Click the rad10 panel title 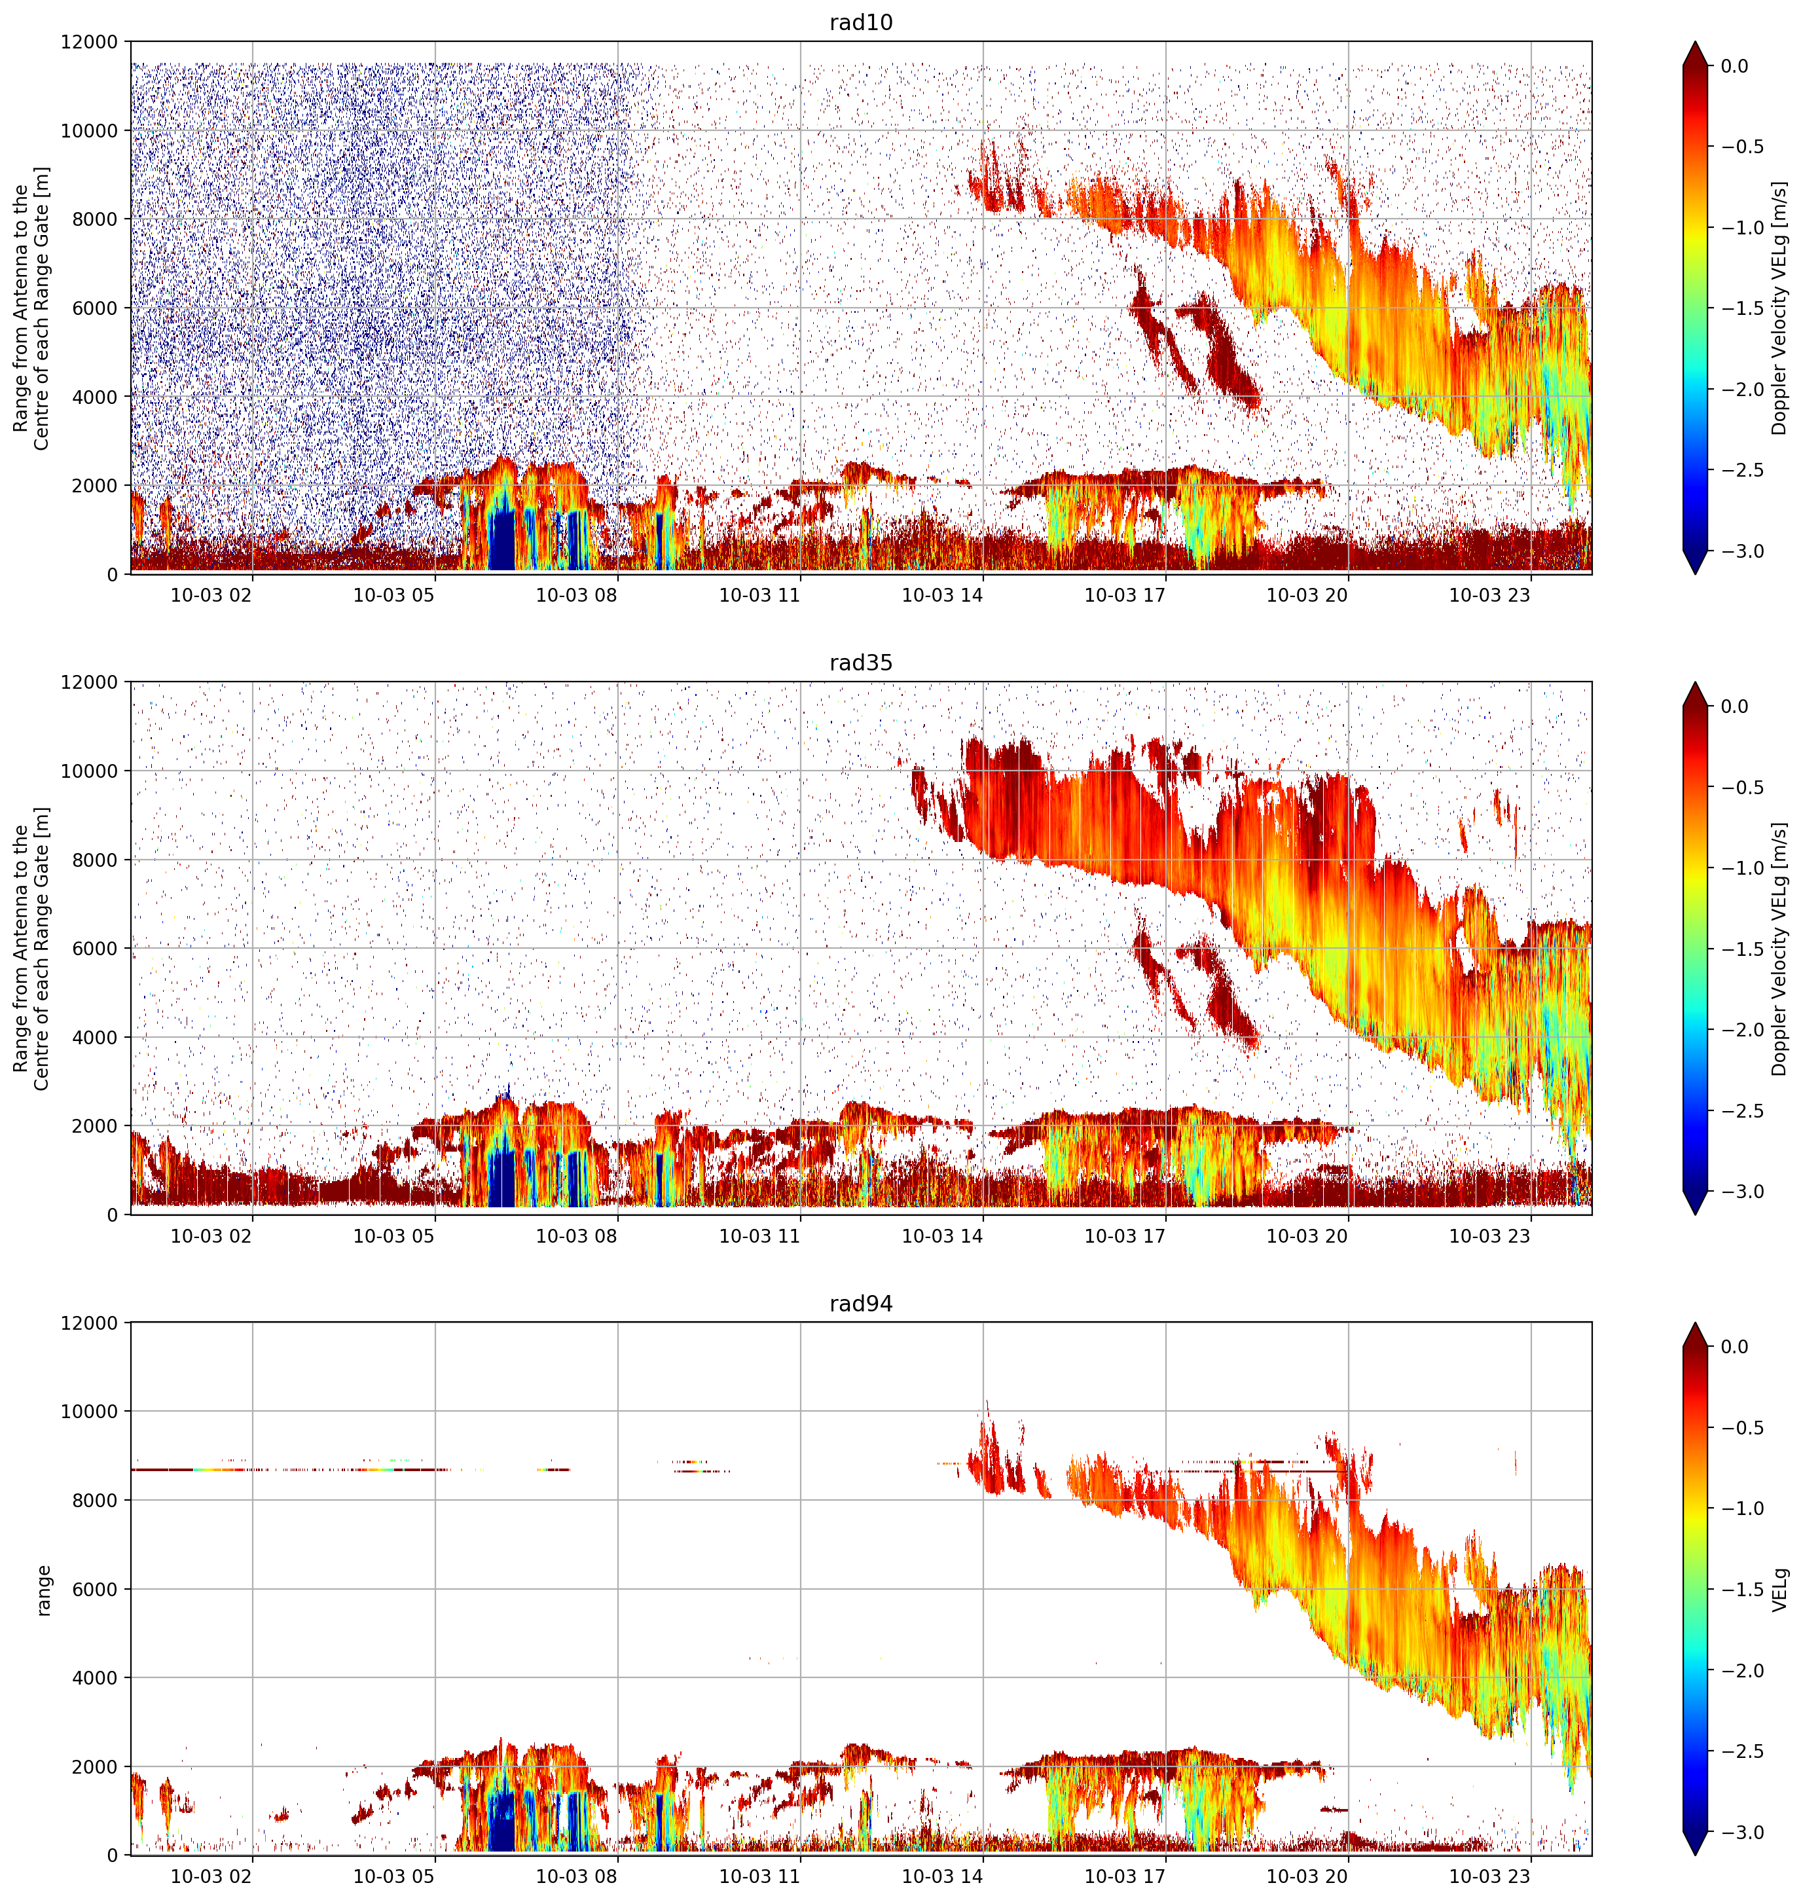click(860, 22)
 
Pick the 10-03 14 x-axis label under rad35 click(942, 1236)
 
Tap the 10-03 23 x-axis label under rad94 click(1489, 1877)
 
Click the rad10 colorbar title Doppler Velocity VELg click(1780, 308)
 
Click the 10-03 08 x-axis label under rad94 click(575, 1877)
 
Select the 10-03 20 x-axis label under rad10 click(1307, 595)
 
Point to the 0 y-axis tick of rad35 click(113, 1215)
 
